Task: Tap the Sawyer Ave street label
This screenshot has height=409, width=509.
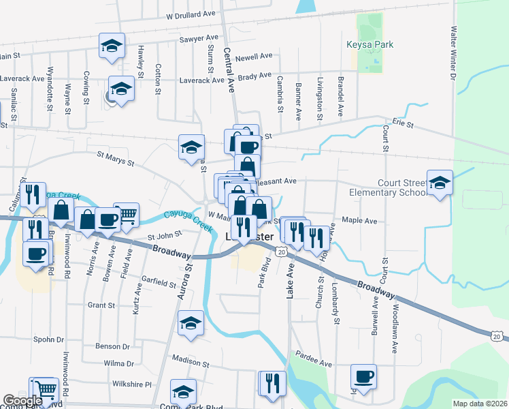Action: [199, 39]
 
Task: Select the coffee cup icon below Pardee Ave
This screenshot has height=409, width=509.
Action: [363, 377]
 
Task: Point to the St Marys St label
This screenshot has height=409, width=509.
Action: [115, 159]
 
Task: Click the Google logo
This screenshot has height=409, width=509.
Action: [22, 401]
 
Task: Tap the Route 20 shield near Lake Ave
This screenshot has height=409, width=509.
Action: [280, 252]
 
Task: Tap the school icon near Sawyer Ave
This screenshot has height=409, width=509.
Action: [112, 46]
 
